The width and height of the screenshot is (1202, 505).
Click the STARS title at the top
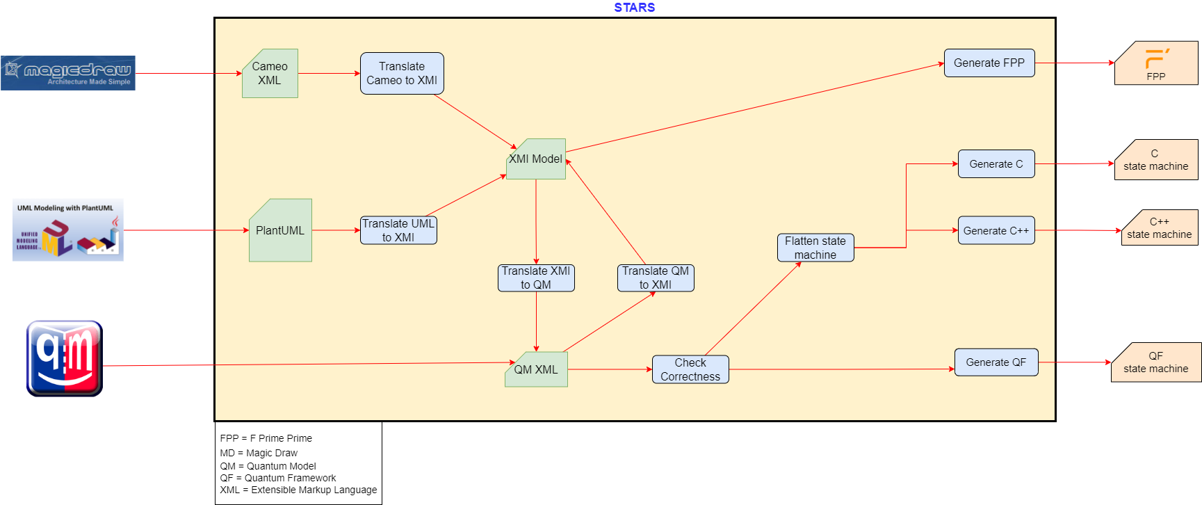point(634,8)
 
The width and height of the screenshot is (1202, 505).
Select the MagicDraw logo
point(68,73)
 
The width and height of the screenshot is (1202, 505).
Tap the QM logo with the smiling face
point(65,358)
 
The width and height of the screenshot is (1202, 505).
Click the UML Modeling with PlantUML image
point(68,230)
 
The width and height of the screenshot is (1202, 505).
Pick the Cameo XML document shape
point(270,73)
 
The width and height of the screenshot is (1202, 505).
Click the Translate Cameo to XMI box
point(402,73)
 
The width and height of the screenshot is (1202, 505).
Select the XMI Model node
point(536,159)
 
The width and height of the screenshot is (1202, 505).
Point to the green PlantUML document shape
point(280,230)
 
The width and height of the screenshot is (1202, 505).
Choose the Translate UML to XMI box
point(398,230)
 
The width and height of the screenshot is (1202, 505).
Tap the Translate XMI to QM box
point(536,278)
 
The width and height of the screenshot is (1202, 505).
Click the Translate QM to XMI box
point(656,278)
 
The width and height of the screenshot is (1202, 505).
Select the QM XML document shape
point(536,369)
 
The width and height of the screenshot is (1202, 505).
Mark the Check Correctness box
point(690,369)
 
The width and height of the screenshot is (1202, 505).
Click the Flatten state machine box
point(815,248)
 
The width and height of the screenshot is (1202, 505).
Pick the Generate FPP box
point(989,63)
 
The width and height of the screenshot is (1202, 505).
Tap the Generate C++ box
point(996,230)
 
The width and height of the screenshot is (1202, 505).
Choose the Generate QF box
point(996,362)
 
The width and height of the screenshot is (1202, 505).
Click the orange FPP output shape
point(1156,63)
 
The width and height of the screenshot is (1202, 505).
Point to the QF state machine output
point(1156,362)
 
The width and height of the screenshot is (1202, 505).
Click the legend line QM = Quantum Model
point(268,466)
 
